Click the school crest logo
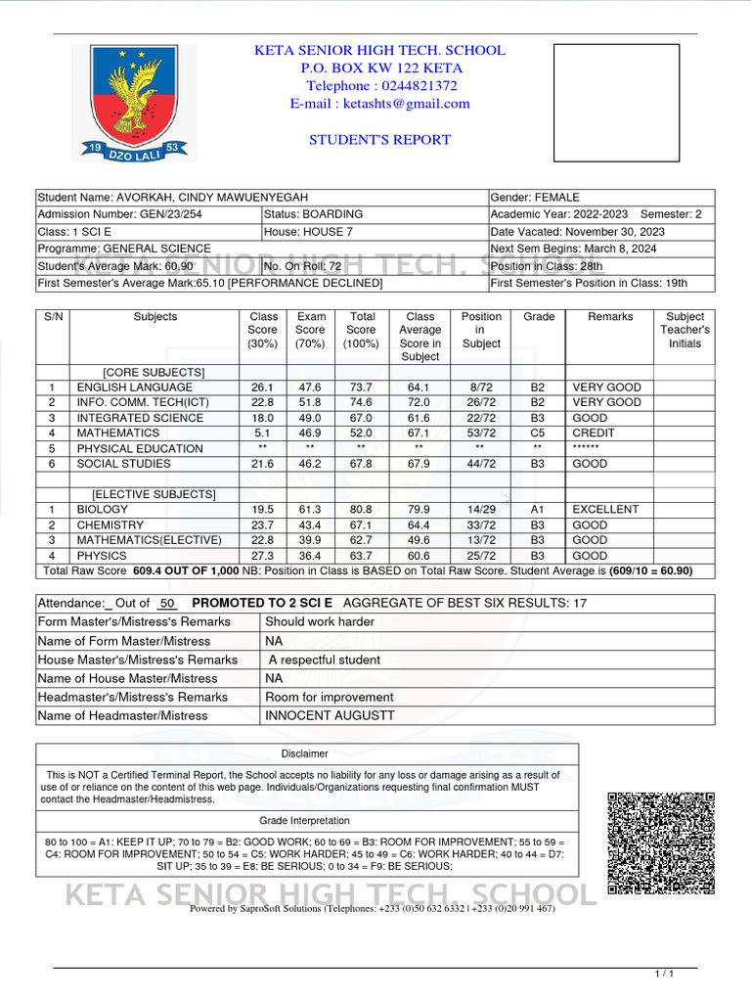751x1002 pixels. tap(135, 102)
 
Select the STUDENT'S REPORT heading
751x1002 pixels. tap(380, 140)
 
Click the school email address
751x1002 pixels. tap(380, 104)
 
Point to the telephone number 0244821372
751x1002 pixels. tap(380, 86)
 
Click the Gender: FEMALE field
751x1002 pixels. tap(535, 198)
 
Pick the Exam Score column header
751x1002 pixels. tap(311, 330)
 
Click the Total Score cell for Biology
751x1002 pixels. tap(361, 510)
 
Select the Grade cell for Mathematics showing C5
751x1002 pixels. tap(538, 433)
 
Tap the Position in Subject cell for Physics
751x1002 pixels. tap(480, 556)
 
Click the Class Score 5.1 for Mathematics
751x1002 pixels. tap(262, 433)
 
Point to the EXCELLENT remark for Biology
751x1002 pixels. tap(605, 510)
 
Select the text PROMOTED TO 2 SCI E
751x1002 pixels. tap(262, 603)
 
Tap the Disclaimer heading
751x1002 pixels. tap(305, 753)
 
